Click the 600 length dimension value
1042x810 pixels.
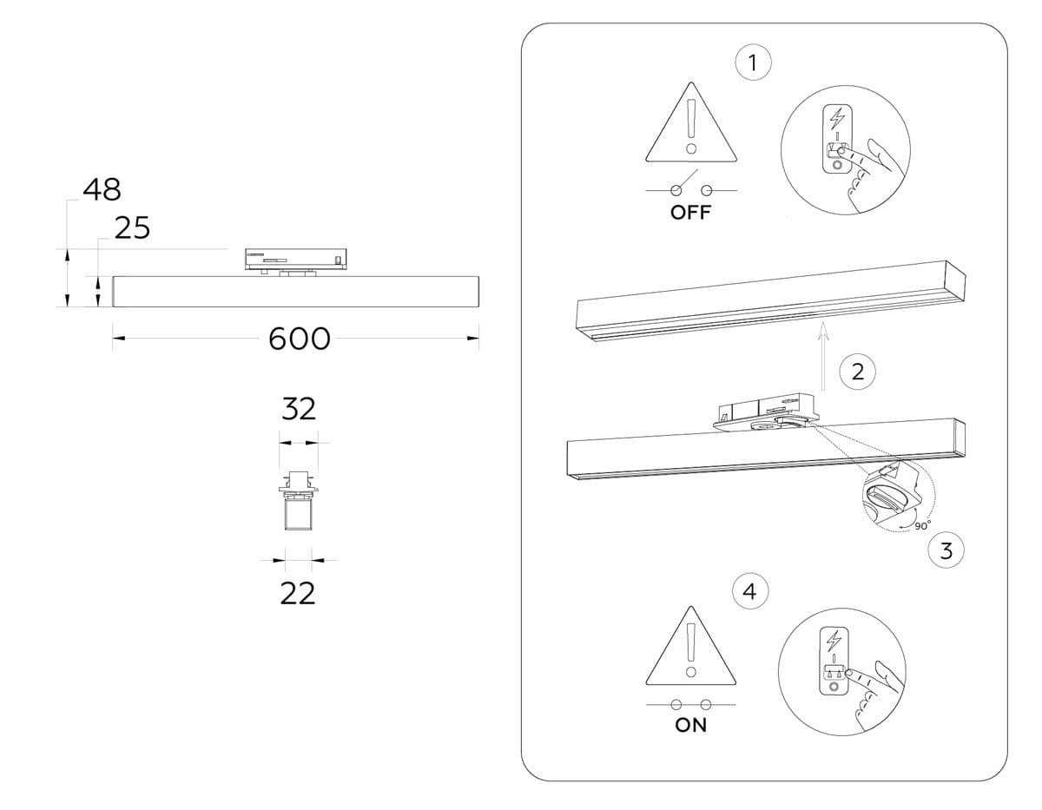pyautogui.click(x=300, y=339)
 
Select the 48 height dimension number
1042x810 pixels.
pyautogui.click(x=102, y=189)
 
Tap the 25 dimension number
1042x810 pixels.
pyautogui.click(x=132, y=228)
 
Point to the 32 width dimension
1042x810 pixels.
pyautogui.click(x=298, y=409)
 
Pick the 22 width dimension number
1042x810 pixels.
pyautogui.click(x=297, y=594)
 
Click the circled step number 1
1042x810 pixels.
pyautogui.click(x=752, y=63)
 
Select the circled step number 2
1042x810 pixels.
pyautogui.click(x=858, y=372)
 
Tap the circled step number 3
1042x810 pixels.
pyautogui.click(x=946, y=550)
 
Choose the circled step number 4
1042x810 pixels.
pyautogui.click(x=750, y=592)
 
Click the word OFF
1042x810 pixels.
pyautogui.click(x=690, y=214)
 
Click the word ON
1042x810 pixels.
pyautogui.click(x=691, y=726)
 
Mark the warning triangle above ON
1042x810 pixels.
pyautogui.click(x=691, y=647)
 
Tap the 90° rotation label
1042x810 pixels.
pyautogui.click(x=921, y=525)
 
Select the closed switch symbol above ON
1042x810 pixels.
pyautogui.click(x=691, y=704)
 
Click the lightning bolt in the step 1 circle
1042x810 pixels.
pyautogui.click(x=837, y=117)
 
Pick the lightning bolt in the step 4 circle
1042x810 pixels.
pyautogui.click(x=834, y=641)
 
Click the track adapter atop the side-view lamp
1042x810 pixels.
pyautogui.click(x=295, y=258)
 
